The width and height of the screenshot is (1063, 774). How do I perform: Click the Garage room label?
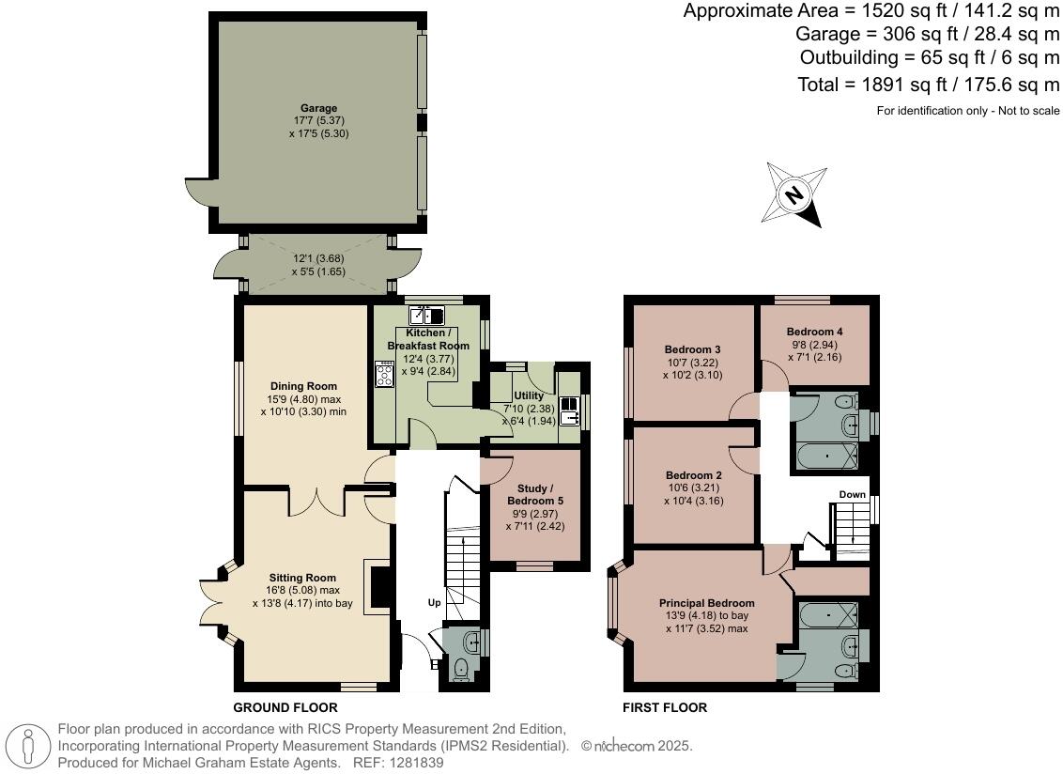[318, 108]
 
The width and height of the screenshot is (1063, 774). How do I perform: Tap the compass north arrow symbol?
[793, 194]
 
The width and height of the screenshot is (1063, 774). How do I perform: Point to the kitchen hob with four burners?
[385, 376]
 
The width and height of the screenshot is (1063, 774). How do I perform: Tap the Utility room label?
[529, 395]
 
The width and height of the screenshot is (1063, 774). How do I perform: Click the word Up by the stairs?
[434, 602]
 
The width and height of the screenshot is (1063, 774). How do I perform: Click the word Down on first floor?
[852, 495]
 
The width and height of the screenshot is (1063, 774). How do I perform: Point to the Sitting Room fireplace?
[378, 587]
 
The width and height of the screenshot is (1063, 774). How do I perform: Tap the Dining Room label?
[303, 386]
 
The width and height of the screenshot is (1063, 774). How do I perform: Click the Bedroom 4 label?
[814, 332]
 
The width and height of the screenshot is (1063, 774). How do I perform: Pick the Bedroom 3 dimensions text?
[693, 369]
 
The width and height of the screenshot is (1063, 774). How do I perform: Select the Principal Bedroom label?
[706, 603]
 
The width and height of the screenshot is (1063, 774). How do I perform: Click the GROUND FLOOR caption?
[285, 707]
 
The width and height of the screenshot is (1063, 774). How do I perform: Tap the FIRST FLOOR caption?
[665, 707]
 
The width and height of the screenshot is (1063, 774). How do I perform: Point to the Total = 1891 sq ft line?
[928, 85]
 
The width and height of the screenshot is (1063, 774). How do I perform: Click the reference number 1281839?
[414, 764]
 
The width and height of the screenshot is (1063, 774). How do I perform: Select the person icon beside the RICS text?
[29, 747]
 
